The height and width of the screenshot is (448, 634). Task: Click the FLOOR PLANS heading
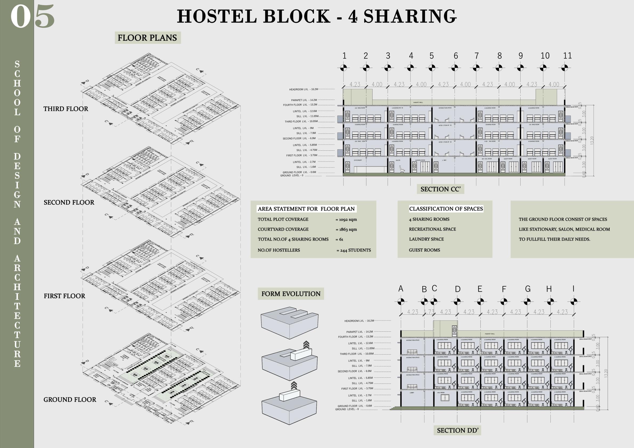point(147,38)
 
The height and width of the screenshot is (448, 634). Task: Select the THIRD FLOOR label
point(66,109)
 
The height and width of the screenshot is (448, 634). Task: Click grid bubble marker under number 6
point(455,67)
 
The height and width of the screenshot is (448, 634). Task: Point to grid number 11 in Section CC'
point(567,56)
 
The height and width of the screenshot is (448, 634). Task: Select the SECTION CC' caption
point(440,189)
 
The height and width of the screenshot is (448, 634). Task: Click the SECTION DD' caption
point(457,430)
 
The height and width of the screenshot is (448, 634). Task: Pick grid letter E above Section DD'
point(480,289)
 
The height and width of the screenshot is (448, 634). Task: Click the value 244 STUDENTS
point(354,250)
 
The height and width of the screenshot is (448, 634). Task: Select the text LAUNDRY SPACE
point(426,239)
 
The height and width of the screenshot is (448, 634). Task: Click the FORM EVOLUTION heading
point(291,294)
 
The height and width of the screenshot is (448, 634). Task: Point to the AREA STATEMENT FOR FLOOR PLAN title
point(306,209)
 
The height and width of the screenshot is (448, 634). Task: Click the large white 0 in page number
point(21,17)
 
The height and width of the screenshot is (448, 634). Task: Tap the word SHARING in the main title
point(410,16)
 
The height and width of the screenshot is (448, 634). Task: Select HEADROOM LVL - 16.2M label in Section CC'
point(304,89)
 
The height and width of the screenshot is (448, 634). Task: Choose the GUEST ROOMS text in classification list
point(424,250)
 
